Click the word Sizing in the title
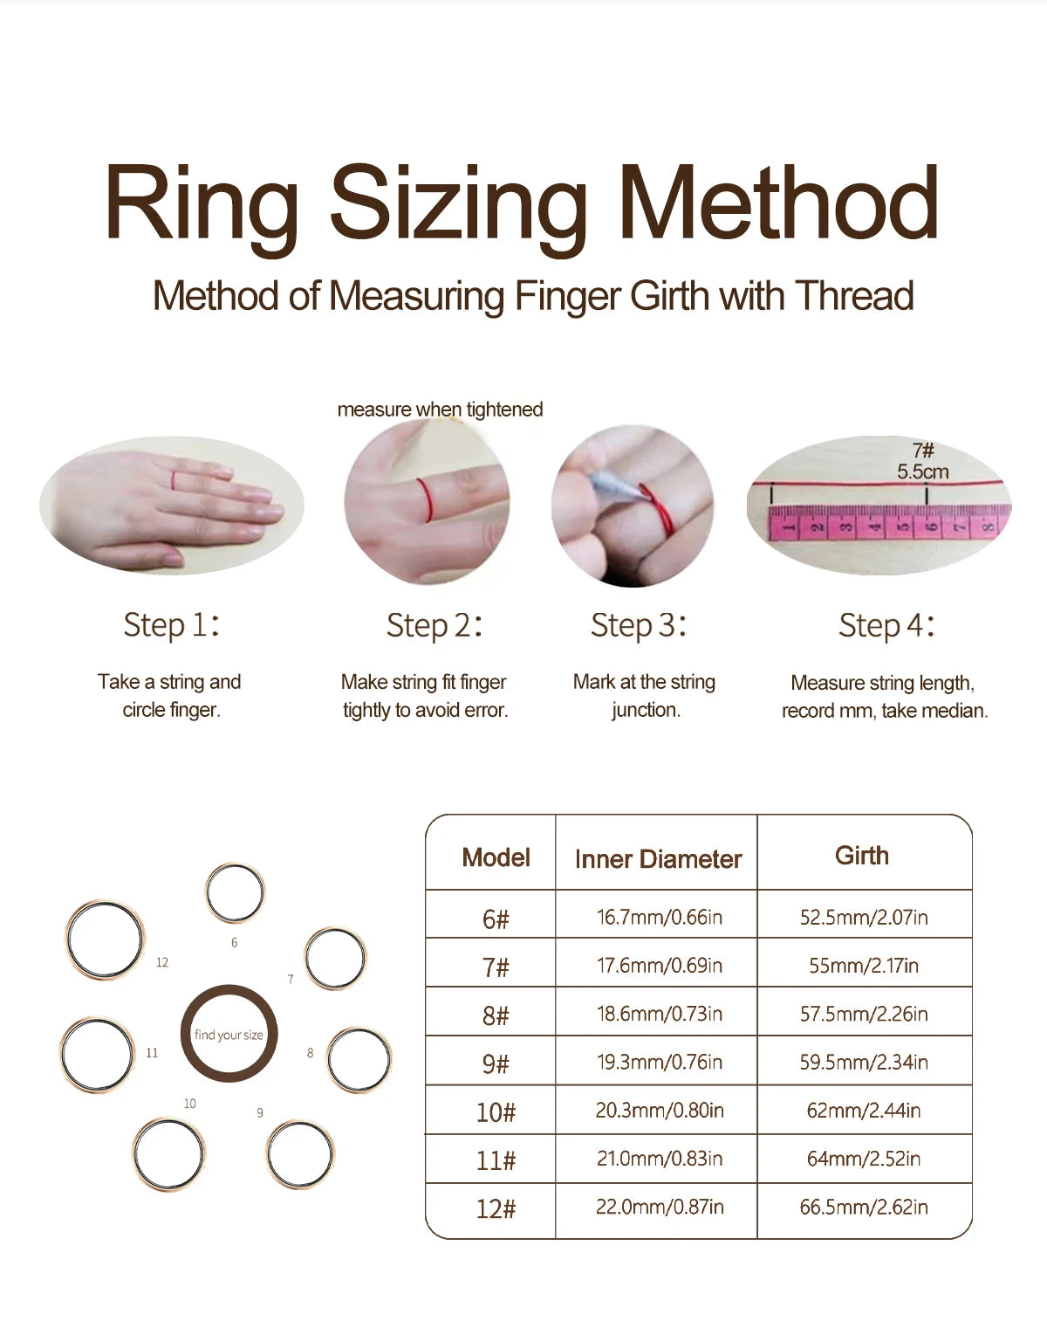point(458,206)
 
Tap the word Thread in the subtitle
point(854,296)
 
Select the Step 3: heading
point(639,625)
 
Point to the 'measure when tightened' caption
point(440,409)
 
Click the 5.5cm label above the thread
point(922,471)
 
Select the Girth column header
point(862,856)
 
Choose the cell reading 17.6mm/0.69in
point(659,966)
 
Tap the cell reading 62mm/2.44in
point(863,1111)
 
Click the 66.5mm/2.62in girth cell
point(863,1208)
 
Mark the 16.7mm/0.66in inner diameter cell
point(659,917)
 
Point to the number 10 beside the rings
point(190,1104)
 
